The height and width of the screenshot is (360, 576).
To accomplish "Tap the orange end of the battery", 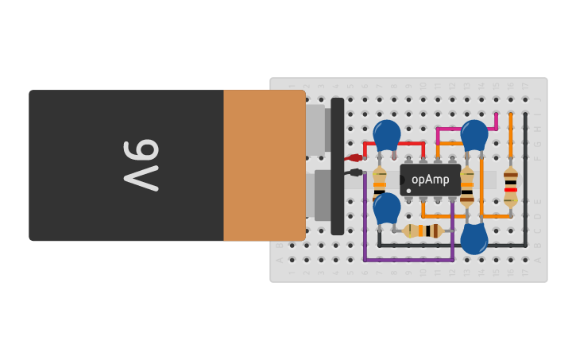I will coord(264,165).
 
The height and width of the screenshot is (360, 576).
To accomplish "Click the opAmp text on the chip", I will coord(431,180).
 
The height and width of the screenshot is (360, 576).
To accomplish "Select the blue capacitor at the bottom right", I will coord(474,238).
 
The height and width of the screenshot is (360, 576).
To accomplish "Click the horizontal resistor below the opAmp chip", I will coord(423,231).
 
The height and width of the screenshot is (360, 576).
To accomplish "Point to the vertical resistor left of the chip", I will coord(380,186).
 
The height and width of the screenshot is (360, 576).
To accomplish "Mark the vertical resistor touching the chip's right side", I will coord(467,186).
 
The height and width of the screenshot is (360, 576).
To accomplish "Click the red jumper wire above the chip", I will coord(395,144).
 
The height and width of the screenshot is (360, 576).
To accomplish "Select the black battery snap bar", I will coord(338,166).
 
